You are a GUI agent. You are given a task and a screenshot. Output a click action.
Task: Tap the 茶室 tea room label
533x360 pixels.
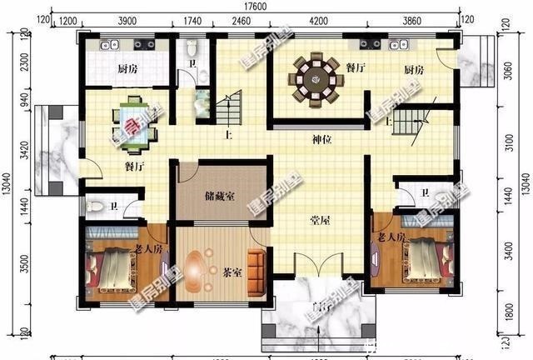coord(232,271)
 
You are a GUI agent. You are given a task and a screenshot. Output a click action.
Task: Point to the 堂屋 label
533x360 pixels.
coord(321,220)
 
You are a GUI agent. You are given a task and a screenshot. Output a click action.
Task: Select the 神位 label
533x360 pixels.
coord(322,140)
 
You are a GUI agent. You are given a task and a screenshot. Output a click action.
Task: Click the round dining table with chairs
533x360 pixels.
coord(316,80)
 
